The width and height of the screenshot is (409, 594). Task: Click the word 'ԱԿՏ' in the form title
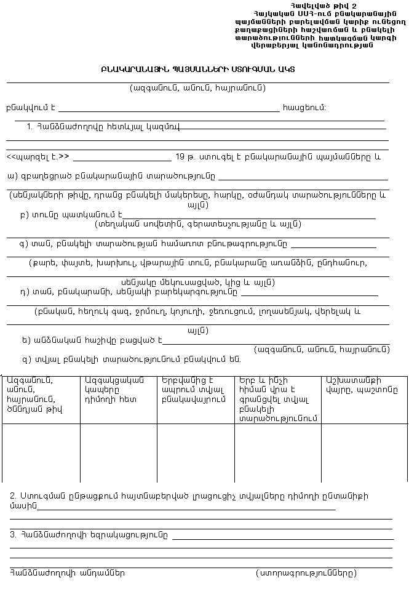pos(285,69)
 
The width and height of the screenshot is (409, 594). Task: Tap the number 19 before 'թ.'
pos(180,156)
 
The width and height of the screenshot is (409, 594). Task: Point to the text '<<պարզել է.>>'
pos(38,156)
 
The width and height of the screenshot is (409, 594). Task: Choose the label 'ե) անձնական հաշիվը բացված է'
pos(91,339)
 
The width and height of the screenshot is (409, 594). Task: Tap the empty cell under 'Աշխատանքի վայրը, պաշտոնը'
pos(364,452)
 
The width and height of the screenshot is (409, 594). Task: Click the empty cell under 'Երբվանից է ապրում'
pos(195,452)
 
